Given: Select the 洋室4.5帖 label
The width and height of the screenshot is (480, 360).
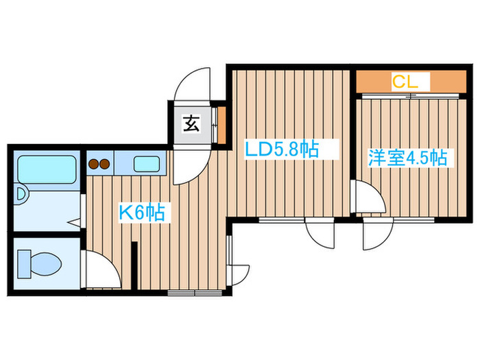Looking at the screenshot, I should pyautogui.click(x=407, y=158).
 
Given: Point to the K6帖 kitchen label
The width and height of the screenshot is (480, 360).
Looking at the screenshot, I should pyautogui.click(x=142, y=213).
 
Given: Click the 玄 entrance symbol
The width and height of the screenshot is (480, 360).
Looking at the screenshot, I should pyautogui.click(x=191, y=124).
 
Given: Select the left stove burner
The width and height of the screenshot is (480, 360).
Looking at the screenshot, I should pyautogui.click(x=94, y=165).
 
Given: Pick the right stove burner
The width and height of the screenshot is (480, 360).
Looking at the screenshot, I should pyautogui.click(x=106, y=165).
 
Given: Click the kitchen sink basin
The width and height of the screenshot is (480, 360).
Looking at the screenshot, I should pyautogui.click(x=145, y=165).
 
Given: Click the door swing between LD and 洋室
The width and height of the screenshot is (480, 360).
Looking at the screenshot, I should pyautogui.click(x=367, y=199).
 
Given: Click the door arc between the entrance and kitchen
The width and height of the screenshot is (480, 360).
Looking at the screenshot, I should pyautogui.click(x=185, y=165).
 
